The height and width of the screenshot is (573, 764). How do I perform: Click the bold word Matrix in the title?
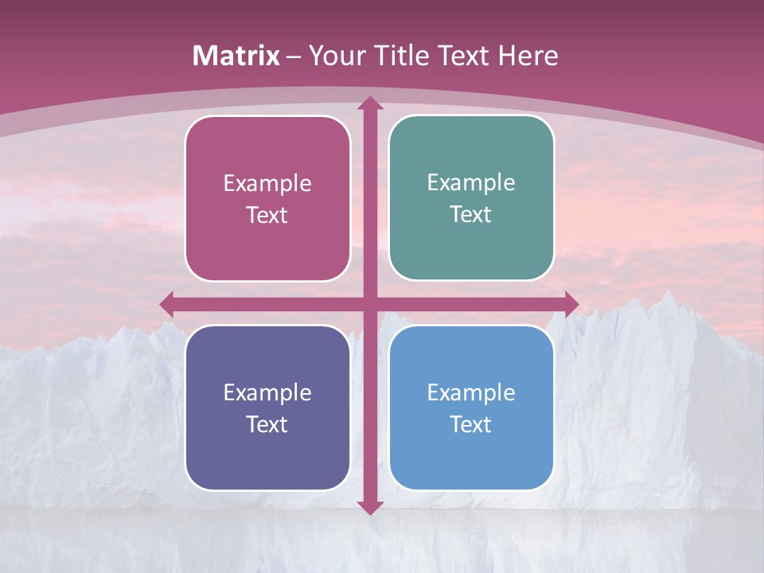coord(236,56)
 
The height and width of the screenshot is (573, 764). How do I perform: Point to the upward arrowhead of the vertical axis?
coord(369,103)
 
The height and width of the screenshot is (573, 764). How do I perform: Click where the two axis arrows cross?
coord(369,303)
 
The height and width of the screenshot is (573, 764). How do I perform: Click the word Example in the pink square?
coord(267,184)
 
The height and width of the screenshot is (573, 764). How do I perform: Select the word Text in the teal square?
coord(471,215)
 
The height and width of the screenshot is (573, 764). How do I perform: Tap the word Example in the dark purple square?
coord(267,393)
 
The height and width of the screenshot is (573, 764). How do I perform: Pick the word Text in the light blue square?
coord(471,424)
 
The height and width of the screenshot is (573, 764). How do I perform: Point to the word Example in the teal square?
coord(471,183)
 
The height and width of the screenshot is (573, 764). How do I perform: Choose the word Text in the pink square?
coord(267,216)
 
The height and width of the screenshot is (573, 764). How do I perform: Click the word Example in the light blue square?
coord(471,393)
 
